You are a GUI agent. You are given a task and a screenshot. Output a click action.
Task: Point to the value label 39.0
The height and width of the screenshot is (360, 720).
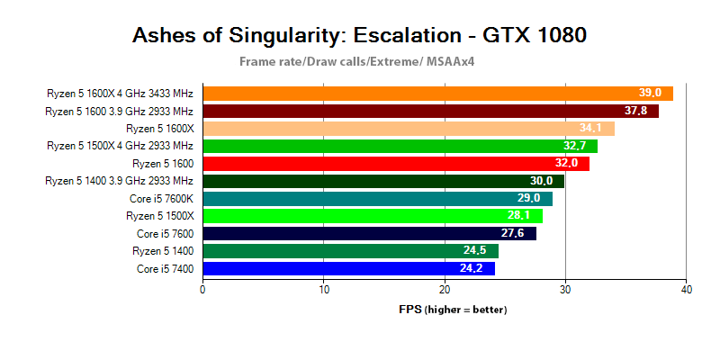click(650, 94)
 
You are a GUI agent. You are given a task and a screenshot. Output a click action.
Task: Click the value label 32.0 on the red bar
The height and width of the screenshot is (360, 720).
click(567, 164)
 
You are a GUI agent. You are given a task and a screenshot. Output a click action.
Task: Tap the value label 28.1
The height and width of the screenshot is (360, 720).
click(520, 216)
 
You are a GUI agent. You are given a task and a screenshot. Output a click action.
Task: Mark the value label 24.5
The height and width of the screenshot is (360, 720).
click(476, 251)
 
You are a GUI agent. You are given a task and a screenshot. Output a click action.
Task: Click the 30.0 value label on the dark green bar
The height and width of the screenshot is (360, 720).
click(542, 181)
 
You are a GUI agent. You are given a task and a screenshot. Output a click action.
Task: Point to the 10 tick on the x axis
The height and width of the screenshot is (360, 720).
click(324, 289)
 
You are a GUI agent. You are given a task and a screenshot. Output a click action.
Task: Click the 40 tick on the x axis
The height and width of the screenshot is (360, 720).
click(687, 289)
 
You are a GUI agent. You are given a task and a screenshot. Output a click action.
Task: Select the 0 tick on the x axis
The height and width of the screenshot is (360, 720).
click(203, 289)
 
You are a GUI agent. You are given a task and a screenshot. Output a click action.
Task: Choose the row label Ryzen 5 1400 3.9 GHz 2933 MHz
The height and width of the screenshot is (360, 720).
click(119, 181)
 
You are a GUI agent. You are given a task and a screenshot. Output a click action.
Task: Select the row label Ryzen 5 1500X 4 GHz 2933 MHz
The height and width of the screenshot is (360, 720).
click(120, 146)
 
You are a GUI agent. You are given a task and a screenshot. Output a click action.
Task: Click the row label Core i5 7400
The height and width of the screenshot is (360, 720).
click(165, 268)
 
